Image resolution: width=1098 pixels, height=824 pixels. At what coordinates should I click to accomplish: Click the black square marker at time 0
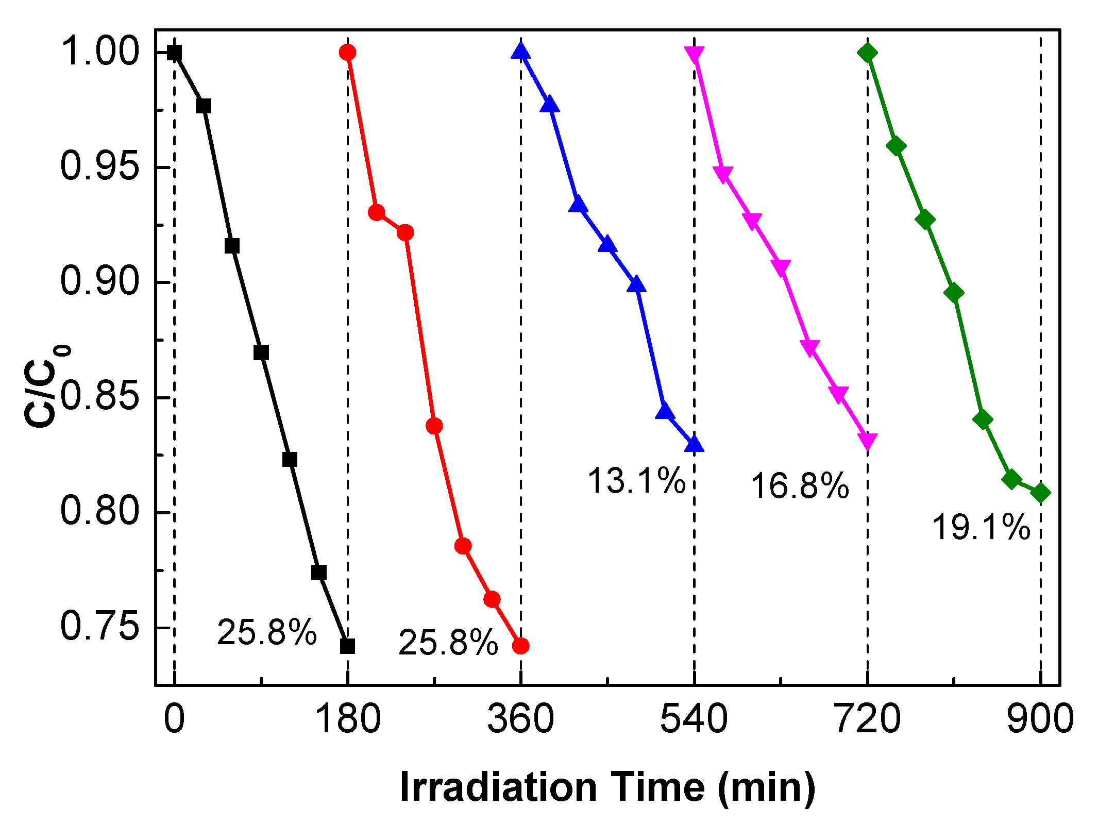[x=175, y=53]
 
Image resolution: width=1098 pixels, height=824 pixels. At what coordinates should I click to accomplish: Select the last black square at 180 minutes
[x=347, y=646]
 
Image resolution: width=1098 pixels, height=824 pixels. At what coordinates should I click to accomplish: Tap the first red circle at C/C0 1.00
[x=347, y=52]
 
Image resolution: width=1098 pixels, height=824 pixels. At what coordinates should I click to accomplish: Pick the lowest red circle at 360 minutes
[x=520, y=646]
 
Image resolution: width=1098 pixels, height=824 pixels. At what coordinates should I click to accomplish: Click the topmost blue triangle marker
[x=520, y=51]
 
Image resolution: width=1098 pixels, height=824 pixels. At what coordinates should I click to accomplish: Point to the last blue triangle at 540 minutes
[x=694, y=444]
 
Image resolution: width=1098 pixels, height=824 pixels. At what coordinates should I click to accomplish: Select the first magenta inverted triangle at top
[x=694, y=54]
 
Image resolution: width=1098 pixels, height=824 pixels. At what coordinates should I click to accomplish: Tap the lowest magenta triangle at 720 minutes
[x=868, y=441]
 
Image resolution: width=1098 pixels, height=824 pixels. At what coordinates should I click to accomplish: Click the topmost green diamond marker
[x=868, y=53]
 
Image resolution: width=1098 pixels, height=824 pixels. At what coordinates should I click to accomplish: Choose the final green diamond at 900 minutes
[x=1040, y=493]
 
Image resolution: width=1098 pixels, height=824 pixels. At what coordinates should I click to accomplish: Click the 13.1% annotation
[x=636, y=481]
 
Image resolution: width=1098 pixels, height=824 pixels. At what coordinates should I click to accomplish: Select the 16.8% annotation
[x=800, y=486]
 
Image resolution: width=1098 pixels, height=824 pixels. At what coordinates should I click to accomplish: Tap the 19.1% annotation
[x=981, y=528]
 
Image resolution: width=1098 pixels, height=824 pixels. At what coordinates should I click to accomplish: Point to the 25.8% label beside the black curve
[x=267, y=632]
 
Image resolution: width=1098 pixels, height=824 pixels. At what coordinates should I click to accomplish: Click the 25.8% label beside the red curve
[x=448, y=643]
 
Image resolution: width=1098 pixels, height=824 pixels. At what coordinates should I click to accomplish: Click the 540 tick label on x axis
[x=694, y=719]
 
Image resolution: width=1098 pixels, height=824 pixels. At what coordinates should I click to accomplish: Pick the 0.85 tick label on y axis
[x=100, y=397]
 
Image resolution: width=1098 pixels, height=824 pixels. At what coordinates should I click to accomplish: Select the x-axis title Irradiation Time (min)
[x=607, y=787]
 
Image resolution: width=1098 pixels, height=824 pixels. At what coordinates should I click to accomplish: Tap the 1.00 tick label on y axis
[x=100, y=52]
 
